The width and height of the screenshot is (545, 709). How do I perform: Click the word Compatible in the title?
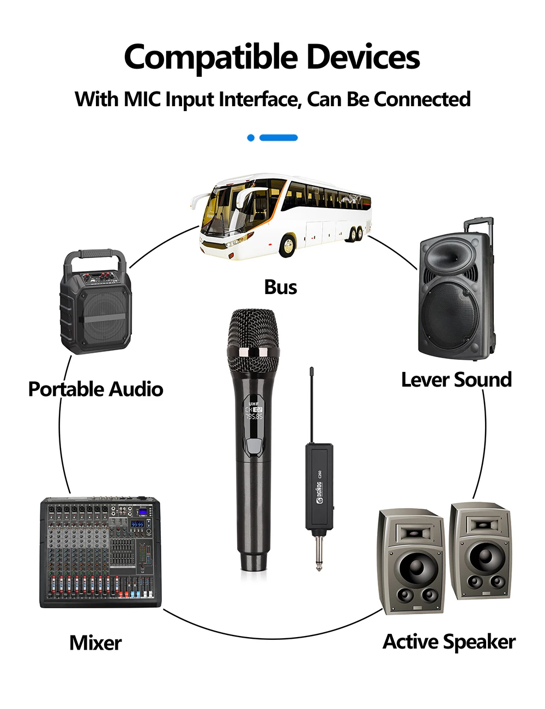(210, 57)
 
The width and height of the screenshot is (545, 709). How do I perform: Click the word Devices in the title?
(363, 57)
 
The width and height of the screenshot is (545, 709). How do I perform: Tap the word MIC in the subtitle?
(142, 99)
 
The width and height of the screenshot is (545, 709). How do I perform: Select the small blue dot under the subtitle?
(251, 138)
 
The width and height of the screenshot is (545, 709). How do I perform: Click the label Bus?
(280, 287)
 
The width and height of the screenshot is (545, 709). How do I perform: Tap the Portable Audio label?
(95, 389)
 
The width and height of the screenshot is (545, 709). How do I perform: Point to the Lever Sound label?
(456, 380)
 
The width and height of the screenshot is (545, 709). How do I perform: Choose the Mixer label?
(95, 643)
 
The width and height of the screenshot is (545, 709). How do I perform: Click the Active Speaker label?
(449, 641)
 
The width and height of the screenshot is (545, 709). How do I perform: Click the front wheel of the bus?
(287, 246)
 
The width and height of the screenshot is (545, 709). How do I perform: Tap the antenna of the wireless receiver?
(312, 403)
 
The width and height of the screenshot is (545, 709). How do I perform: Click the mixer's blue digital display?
(137, 524)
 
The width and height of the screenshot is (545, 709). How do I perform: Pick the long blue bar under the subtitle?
(278, 138)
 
